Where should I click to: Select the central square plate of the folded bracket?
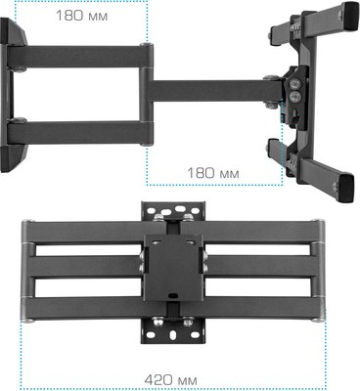pos(173,268)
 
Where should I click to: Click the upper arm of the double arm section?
pos(78,55)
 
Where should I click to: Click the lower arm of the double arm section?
pos(78,131)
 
